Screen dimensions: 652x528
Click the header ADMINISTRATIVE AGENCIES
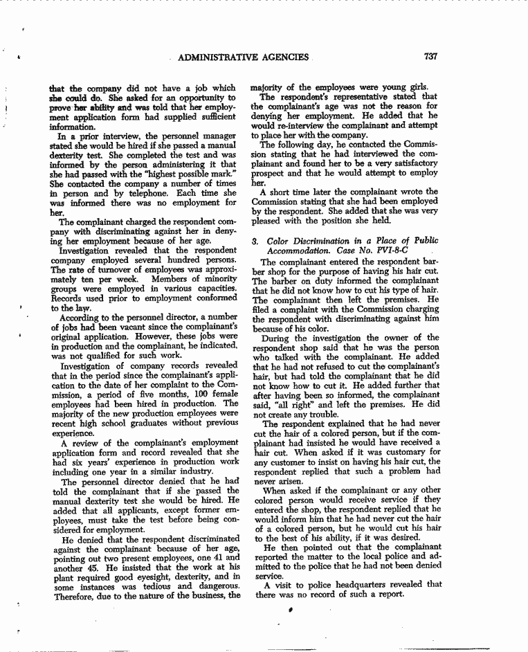pos(242,58)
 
